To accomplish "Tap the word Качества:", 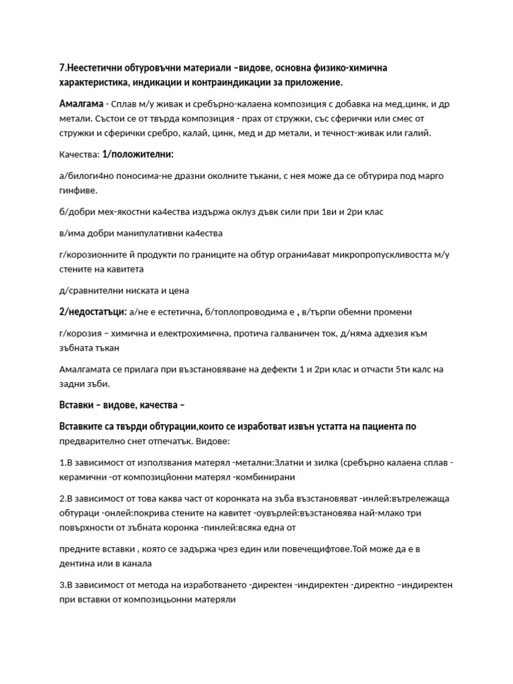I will click(x=79, y=154).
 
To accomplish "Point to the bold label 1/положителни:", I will click(x=138, y=154).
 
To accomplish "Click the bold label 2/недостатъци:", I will click(x=92, y=311).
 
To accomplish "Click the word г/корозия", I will click(x=80, y=333).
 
